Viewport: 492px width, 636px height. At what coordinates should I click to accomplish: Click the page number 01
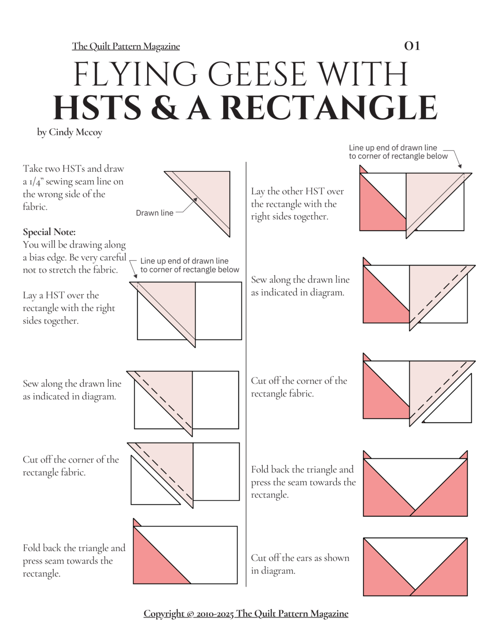click(x=412, y=46)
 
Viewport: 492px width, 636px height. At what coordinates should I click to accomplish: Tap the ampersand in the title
click(x=165, y=107)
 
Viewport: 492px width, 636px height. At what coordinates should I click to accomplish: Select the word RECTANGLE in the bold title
click(x=329, y=107)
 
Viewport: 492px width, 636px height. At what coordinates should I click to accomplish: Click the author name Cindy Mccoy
click(x=75, y=132)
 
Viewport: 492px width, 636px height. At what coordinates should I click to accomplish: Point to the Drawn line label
click(x=155, y=213)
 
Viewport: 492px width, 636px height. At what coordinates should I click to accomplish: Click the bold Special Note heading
click(x=49, y=232)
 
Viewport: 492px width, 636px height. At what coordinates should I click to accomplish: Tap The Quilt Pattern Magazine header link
click(x=126, y=46)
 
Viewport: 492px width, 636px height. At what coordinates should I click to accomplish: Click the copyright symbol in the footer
click(x=190, y=614)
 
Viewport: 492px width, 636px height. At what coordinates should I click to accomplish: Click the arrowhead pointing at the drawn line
click(x=195, y=200)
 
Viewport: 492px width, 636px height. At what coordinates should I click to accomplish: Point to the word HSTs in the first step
click(x=72, y=169)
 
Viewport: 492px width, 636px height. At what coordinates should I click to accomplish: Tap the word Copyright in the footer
click(x=164, y=614)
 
